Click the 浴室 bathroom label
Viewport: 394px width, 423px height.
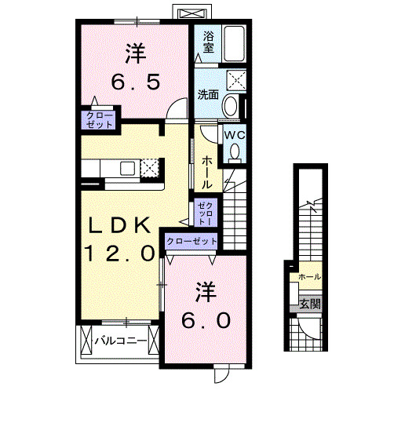208,42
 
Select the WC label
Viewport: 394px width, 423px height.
235,134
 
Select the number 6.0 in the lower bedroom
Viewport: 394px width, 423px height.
207,321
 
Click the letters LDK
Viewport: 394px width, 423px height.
119,226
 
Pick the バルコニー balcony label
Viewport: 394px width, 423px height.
120,341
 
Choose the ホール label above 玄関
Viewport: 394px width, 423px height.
308,277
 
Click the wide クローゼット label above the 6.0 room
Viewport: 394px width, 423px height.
192,241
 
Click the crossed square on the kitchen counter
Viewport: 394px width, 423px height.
150,167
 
